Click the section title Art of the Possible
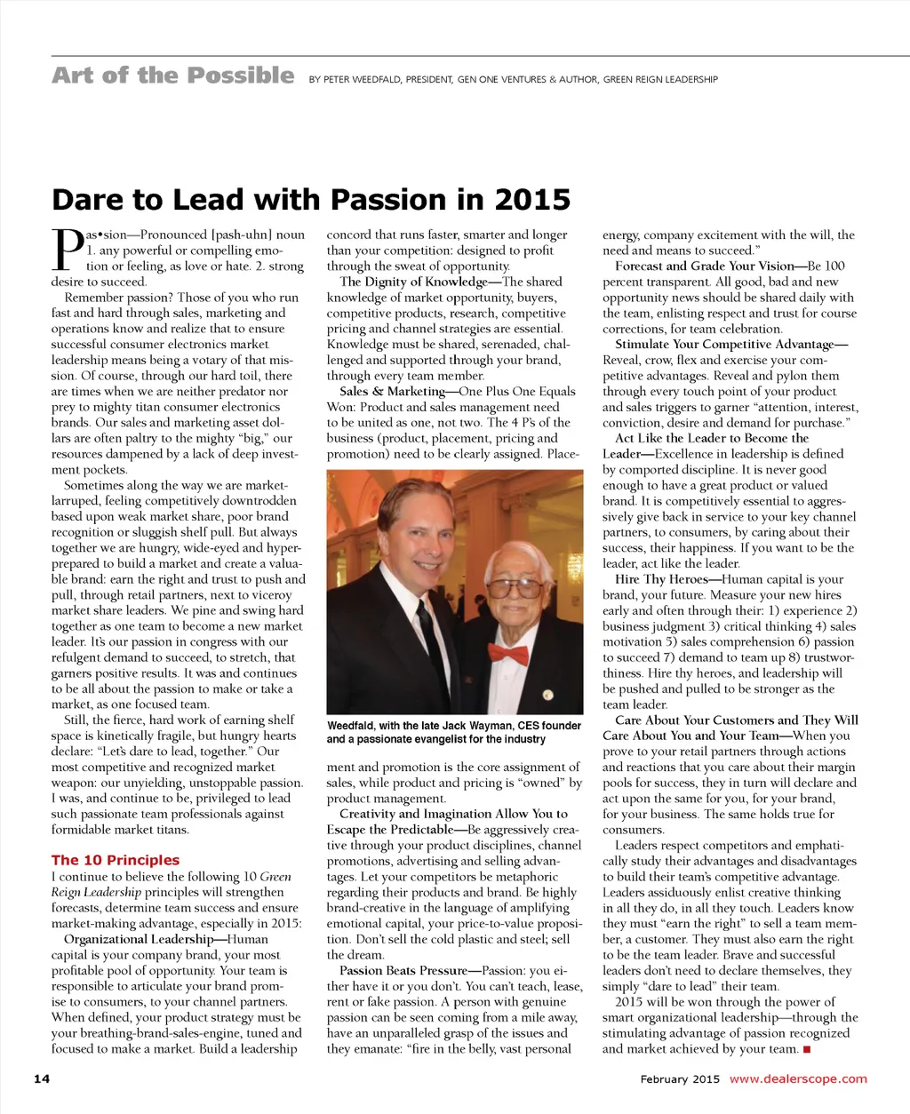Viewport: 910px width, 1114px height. tap(172, 76)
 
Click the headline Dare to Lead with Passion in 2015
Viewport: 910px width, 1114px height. tap(311, 199)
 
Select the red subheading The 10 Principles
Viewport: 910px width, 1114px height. tap(116, 860)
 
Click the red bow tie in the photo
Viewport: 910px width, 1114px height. tap(508, 655)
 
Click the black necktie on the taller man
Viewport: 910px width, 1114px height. tap(433, 640)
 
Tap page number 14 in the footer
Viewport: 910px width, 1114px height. tap(42, 1078)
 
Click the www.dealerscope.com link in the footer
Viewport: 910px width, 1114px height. tap(798, 1078)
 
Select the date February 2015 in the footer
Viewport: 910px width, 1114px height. tap(680, 1078)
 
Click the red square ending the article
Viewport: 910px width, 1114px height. tap(807, 1049)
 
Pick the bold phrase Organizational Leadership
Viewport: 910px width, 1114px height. tap(139, 939)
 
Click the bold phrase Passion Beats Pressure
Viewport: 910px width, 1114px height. tap(403, 970)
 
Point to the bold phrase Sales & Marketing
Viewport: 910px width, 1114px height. tap(392, 391)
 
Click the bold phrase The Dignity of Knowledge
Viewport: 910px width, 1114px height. tap(413, 282)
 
